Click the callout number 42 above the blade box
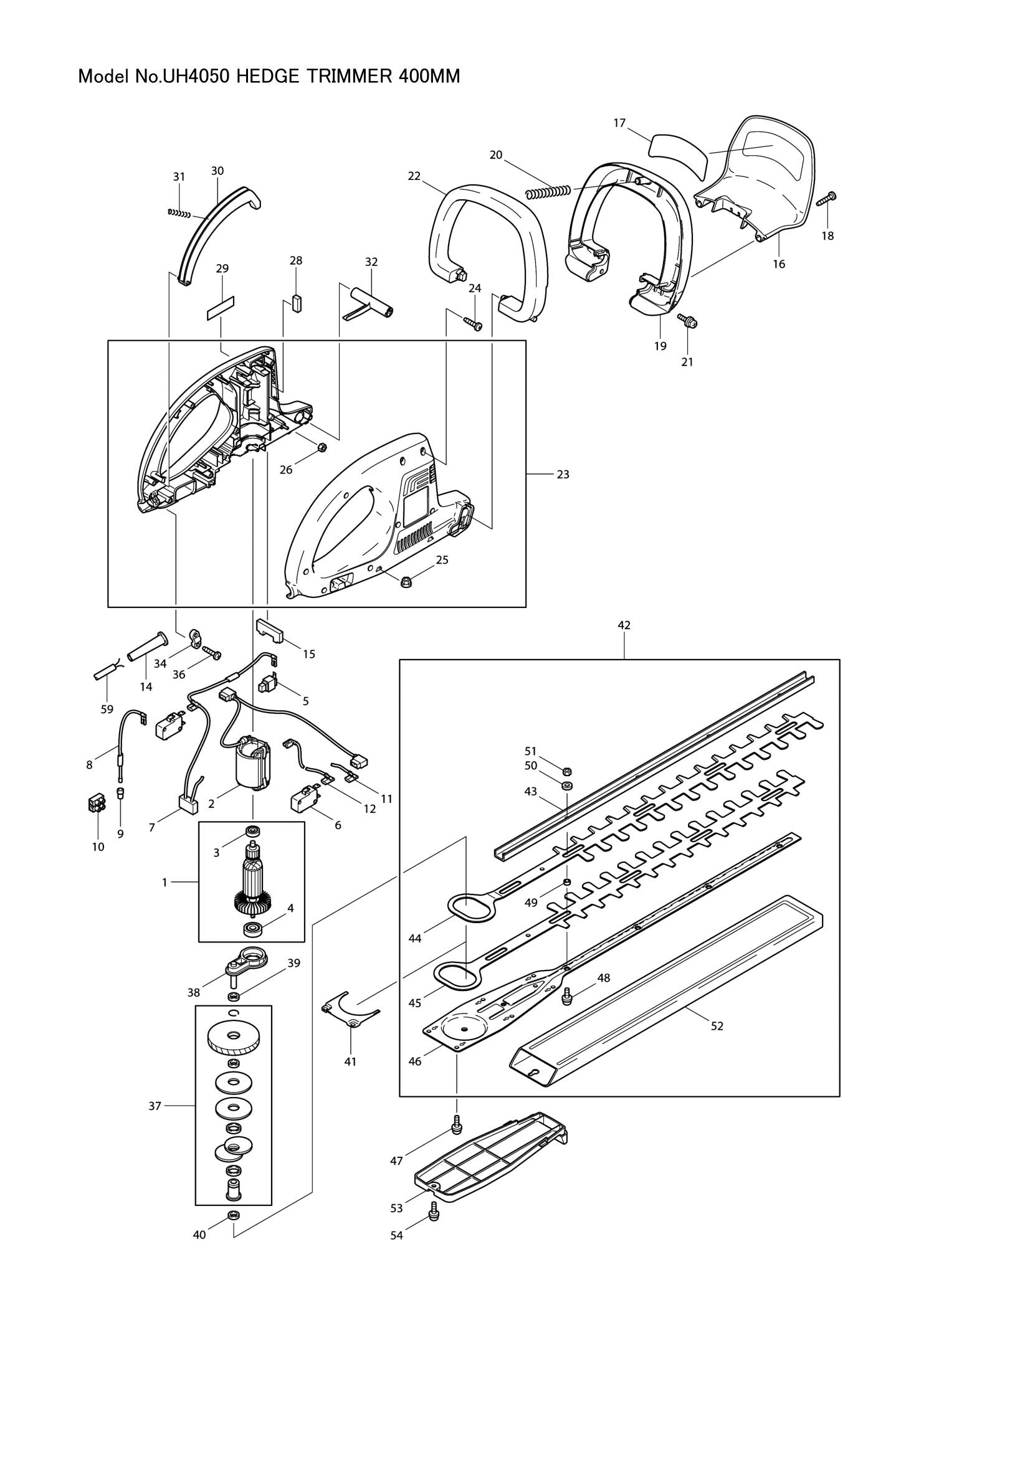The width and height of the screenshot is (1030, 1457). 624,625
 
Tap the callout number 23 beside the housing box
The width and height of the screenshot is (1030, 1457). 562,474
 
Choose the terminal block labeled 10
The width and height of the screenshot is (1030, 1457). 97,805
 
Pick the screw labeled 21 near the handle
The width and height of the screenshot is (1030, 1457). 687,321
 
